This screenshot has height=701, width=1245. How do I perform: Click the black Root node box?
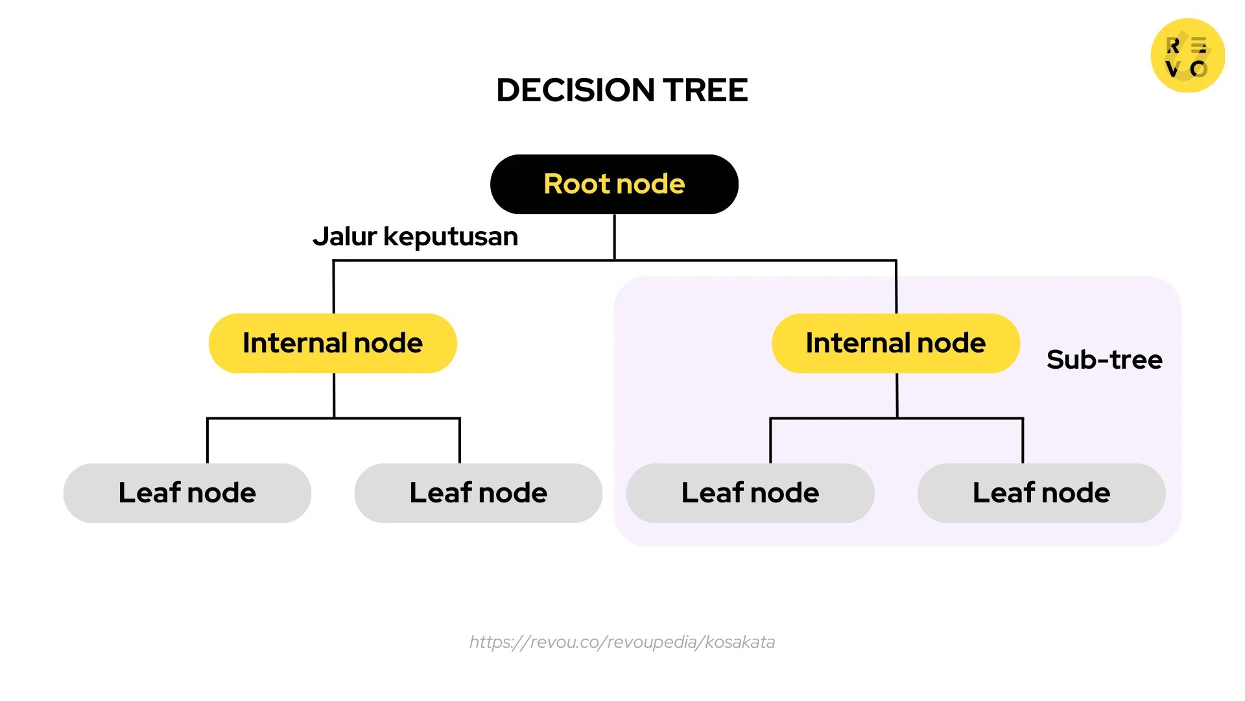click(614, 184)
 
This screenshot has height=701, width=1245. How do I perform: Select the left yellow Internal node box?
click(333, 343)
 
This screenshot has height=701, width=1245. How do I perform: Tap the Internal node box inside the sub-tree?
click(895, 343)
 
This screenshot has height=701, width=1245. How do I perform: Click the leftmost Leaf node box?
click(187, 493)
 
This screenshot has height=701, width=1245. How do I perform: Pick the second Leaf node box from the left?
click(478, 493)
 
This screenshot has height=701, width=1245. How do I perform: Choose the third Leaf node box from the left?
click(750, 493)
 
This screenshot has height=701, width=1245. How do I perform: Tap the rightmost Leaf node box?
click(1041, 493)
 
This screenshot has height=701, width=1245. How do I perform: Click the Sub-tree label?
click(1104, 360)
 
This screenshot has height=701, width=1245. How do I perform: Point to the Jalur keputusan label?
click(415, 237)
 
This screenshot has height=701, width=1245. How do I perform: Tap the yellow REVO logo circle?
click(1187, 55)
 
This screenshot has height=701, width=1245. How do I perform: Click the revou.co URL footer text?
click(622, 642)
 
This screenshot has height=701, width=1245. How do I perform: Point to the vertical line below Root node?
click(614, 237)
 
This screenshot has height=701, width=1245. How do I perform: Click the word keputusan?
click(451, 238)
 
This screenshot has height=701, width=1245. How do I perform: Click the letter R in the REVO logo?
click(1173, 45)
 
